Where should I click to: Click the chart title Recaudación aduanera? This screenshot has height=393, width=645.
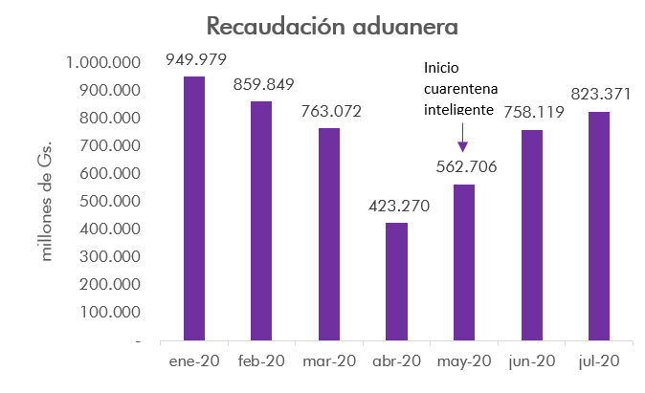point(322,25)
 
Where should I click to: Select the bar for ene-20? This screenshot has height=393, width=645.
point(194,208)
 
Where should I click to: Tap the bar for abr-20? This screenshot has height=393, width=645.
point(397,281)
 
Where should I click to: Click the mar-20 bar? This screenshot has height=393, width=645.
point(329,234)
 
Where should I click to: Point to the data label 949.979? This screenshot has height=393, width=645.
point(196,60)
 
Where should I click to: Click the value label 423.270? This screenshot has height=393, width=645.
point(397,206)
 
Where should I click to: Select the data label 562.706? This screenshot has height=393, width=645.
point(464,167)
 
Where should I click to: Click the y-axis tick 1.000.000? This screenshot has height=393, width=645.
point(103,62)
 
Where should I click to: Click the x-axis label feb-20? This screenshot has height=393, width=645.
point(261,361)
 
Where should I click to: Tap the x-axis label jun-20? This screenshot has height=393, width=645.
point(532,361)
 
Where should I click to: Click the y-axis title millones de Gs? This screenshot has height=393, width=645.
point(49,202)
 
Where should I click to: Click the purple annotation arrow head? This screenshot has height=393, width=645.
point(463,146)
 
